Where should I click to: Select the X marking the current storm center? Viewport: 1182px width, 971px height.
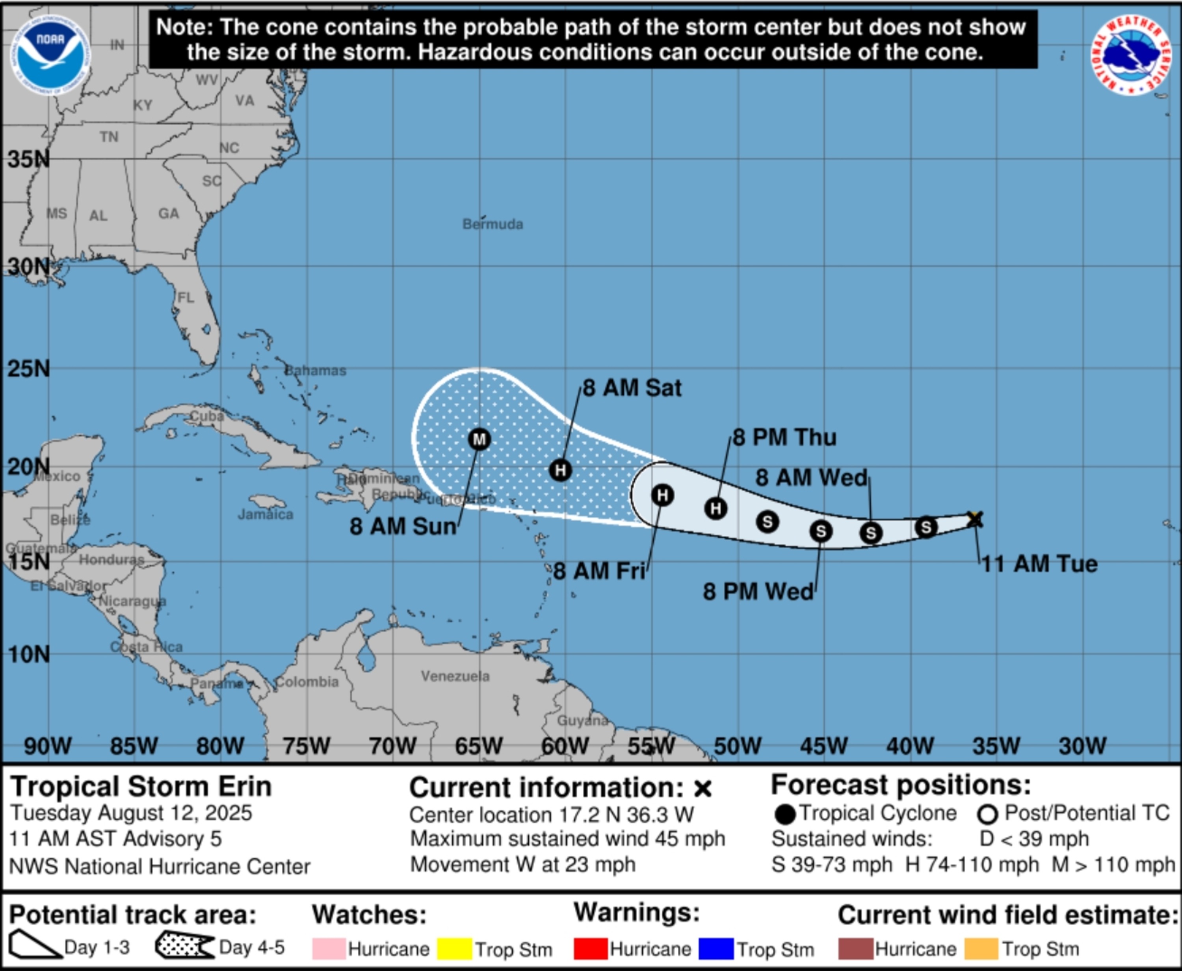(x=974, y=519)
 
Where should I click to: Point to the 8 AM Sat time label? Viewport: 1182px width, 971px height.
(x=632, y=388)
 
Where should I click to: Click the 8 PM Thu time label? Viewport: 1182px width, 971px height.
(x=784, y=437)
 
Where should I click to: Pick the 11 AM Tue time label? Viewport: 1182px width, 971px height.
(x=1039, y=564)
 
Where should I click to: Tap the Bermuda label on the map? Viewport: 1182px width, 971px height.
(x=492, y=224)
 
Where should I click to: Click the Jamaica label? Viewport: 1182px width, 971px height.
(x=265, y=514)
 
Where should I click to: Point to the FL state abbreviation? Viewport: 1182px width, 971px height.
(x=186, y=297)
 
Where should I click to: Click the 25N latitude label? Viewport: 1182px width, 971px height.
(x=28, y=369)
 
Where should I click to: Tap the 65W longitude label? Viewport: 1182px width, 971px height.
(x=479, y=746)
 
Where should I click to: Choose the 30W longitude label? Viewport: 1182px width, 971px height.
(x=1082, y=746)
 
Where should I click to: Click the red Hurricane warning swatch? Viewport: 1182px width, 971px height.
(x=591, y=949)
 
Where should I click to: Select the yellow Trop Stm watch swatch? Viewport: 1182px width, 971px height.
(x=454, y=949)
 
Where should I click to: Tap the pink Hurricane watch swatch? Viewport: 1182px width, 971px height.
(x=328, y=949)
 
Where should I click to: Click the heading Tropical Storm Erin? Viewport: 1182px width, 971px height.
(x=141, y=786)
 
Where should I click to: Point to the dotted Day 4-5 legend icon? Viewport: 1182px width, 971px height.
(x=185, y=946)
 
